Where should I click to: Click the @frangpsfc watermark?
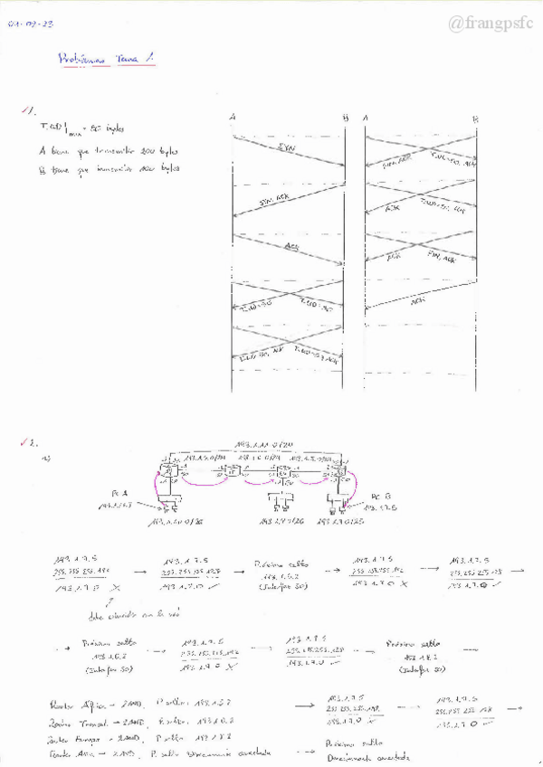click(492, 24)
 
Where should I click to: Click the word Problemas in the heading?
click(82, 59)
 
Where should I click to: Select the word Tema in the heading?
click(127, 59)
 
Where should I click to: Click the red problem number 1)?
click(28, 111)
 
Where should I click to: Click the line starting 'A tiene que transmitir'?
click(109, 150)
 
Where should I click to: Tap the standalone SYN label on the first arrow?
click(287, 147)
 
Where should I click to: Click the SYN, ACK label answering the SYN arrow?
click(271, 200)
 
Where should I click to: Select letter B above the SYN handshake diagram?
click(344, 118)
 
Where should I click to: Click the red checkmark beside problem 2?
click(22, 443)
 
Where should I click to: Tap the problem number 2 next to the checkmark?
click(33, 444)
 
